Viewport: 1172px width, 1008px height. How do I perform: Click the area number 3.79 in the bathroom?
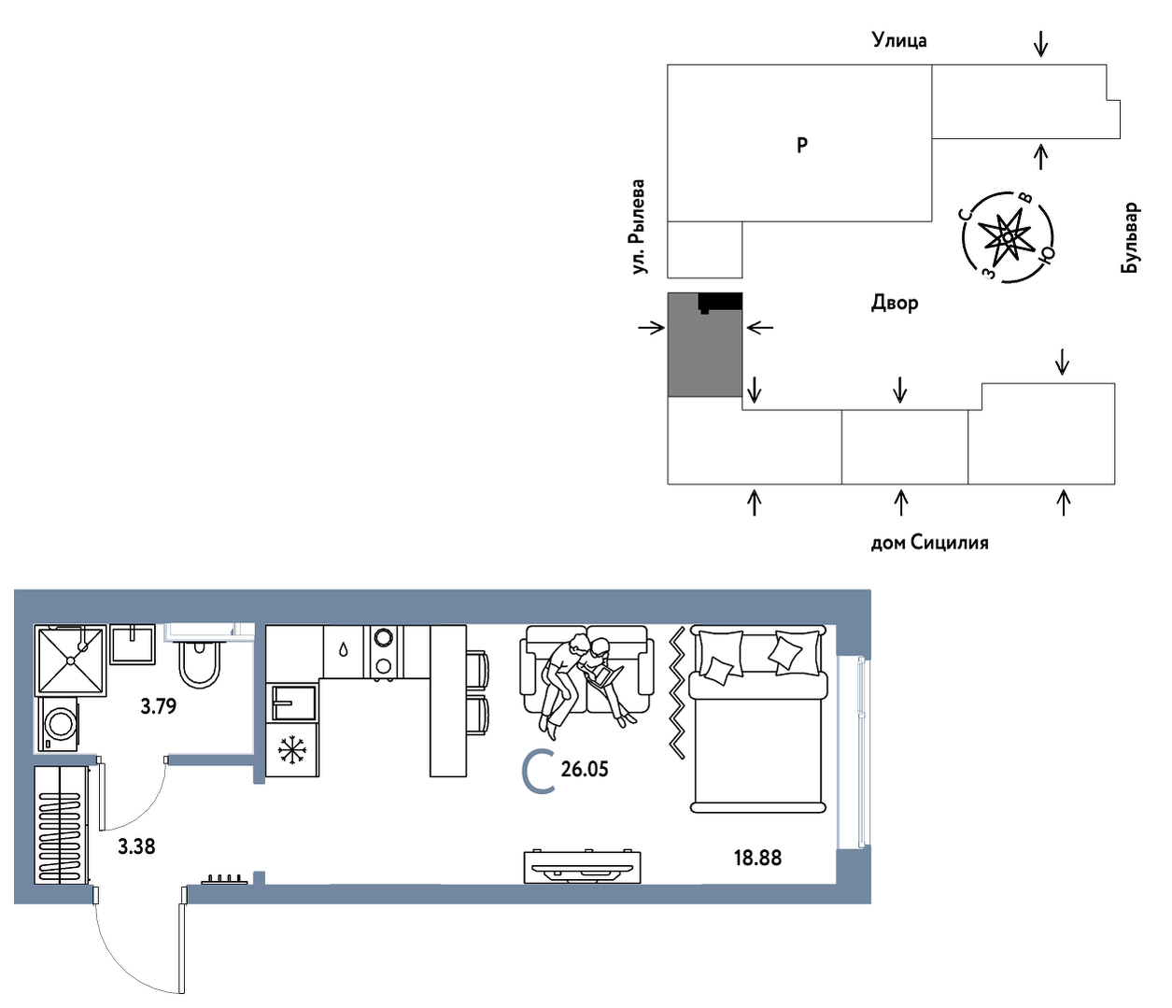[158, 706]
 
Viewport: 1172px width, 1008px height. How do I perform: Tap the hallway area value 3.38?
[136, 846]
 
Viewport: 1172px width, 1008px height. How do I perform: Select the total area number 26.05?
[585, 769]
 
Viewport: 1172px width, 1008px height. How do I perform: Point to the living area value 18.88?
[757, 858]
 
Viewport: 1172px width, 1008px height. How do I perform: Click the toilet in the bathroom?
[200, 661]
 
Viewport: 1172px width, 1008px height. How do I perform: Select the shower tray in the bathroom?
[70, 660]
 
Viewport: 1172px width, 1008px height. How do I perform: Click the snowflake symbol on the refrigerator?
[292, 749]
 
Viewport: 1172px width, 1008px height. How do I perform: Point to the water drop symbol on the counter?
[344, 649]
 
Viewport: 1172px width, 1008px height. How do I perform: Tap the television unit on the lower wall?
[583, 867]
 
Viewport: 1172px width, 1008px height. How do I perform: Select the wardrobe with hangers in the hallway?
[61, 825]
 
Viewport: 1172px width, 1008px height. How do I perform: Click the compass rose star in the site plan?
[1007, 236]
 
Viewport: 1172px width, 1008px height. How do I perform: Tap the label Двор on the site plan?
[895, 304]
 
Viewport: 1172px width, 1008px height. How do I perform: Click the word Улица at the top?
[899, 41]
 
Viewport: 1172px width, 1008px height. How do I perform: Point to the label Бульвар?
[1130, 237]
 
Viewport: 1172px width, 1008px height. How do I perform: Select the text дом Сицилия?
[930, 543]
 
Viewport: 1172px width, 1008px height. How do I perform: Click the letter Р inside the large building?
[802, 145]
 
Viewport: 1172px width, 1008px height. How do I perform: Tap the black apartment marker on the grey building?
[720, 303]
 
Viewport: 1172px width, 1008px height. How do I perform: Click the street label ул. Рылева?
[639, 227]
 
